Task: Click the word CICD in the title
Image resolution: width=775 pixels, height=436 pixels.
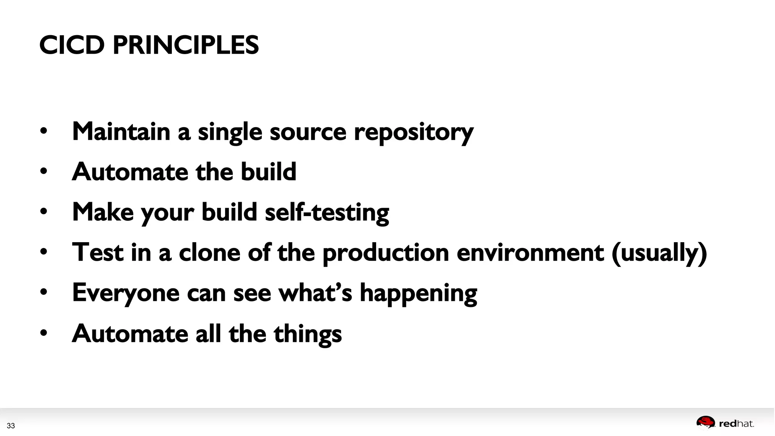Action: (x=72, y=45)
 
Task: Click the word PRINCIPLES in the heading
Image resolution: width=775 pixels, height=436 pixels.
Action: (x=185, y=45)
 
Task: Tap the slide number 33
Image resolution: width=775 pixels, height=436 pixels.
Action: (x=11, y=426)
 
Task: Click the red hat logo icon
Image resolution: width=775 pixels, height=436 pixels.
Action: (x=705, y=422)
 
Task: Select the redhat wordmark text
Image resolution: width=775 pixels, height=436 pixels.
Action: (x=736, y=424)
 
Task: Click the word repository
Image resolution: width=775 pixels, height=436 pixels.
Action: (x=414, y=132)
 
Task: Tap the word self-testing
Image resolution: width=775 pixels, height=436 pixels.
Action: (x=327, y=212)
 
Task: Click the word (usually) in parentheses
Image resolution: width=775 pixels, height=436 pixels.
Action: (x=659, y=253)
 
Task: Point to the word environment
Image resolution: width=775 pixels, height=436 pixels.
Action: (x=530, y=252)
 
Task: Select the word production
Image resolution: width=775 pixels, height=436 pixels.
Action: (x=386, y=253)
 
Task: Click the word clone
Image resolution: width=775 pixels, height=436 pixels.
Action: (x=209, y=252)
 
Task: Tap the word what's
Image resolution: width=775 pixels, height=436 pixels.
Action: (x=315, y=293)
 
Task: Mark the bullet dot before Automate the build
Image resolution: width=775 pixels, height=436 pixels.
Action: (x=44, y=171)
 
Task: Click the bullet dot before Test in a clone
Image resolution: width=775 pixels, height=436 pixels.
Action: (x=44, y=252)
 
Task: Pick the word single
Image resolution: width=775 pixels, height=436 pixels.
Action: (x=230, y=132)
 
